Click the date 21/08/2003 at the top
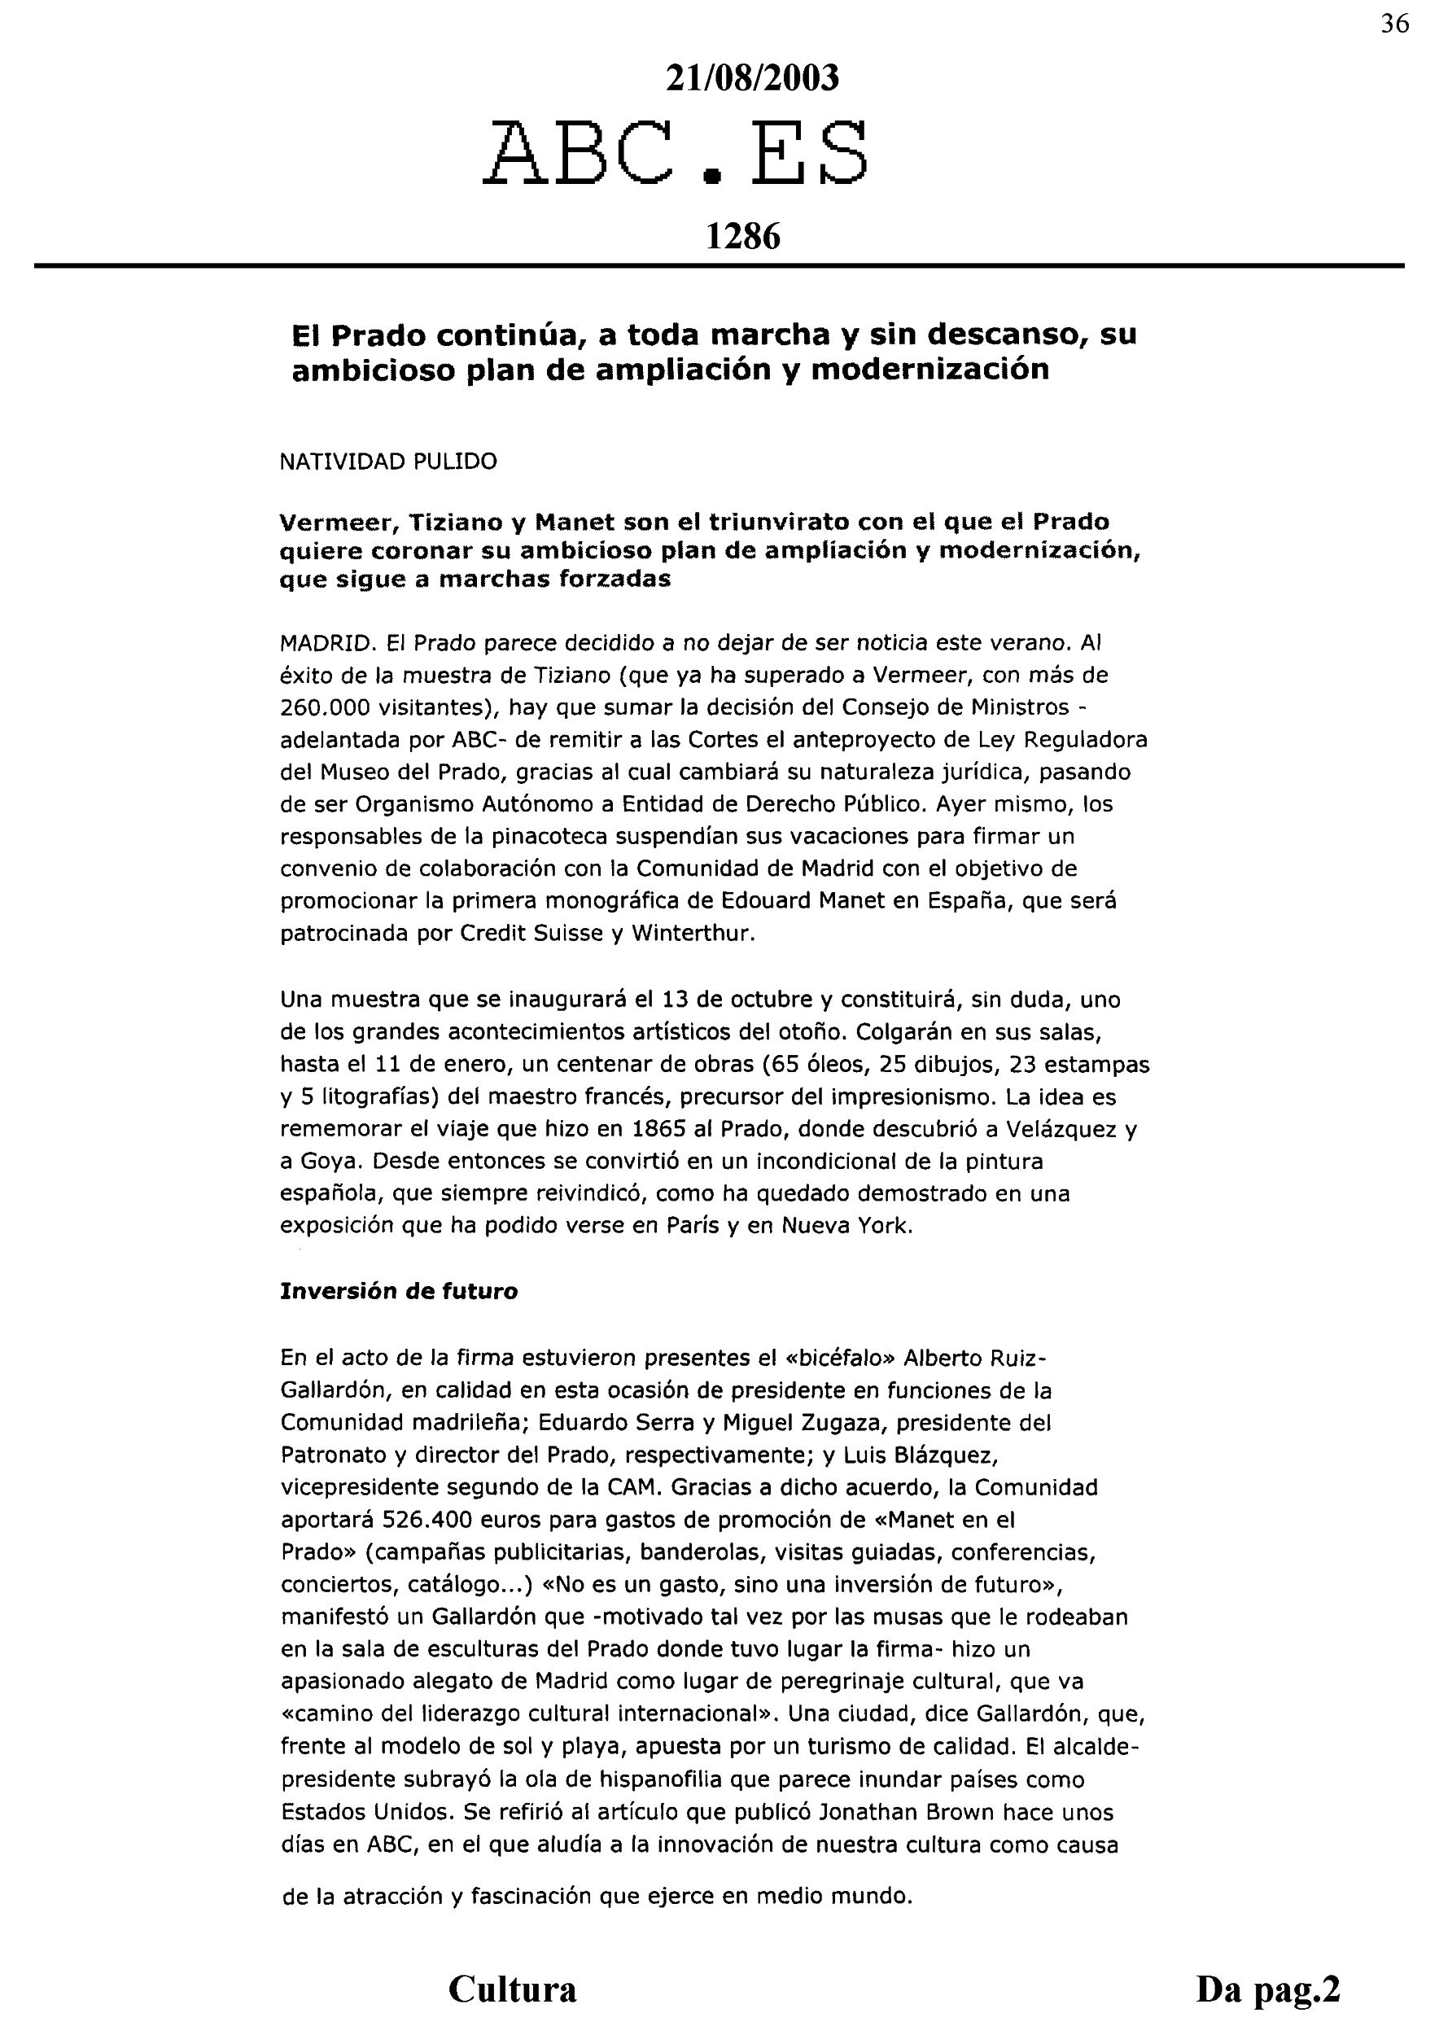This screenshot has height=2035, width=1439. tap(751, 79)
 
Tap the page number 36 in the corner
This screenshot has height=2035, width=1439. tap(1395, 24)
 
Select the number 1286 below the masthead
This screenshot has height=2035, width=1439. tap(742, 237)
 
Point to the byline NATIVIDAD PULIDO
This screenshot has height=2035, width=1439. tap(388, 462)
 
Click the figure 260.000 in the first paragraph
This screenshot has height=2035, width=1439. tap(319, 708)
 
